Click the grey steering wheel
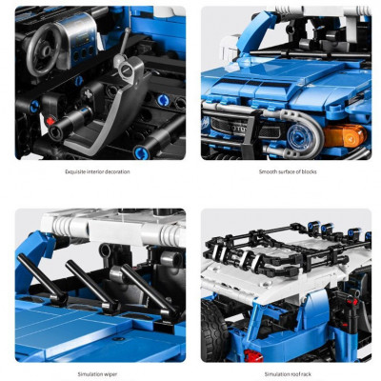(x=44, y=50)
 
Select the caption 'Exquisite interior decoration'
(x=97, y=171)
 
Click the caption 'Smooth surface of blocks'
(x=288, y=171)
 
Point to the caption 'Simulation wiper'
(x=97, y=374)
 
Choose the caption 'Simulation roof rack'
(x=288, y=374)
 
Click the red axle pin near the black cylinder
(x=50, y=121)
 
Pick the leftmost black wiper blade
(x=43, y=279)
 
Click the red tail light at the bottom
(x=252, y=355)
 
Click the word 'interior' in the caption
(x=94, y=171)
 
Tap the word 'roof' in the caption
(x=292, y=374)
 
